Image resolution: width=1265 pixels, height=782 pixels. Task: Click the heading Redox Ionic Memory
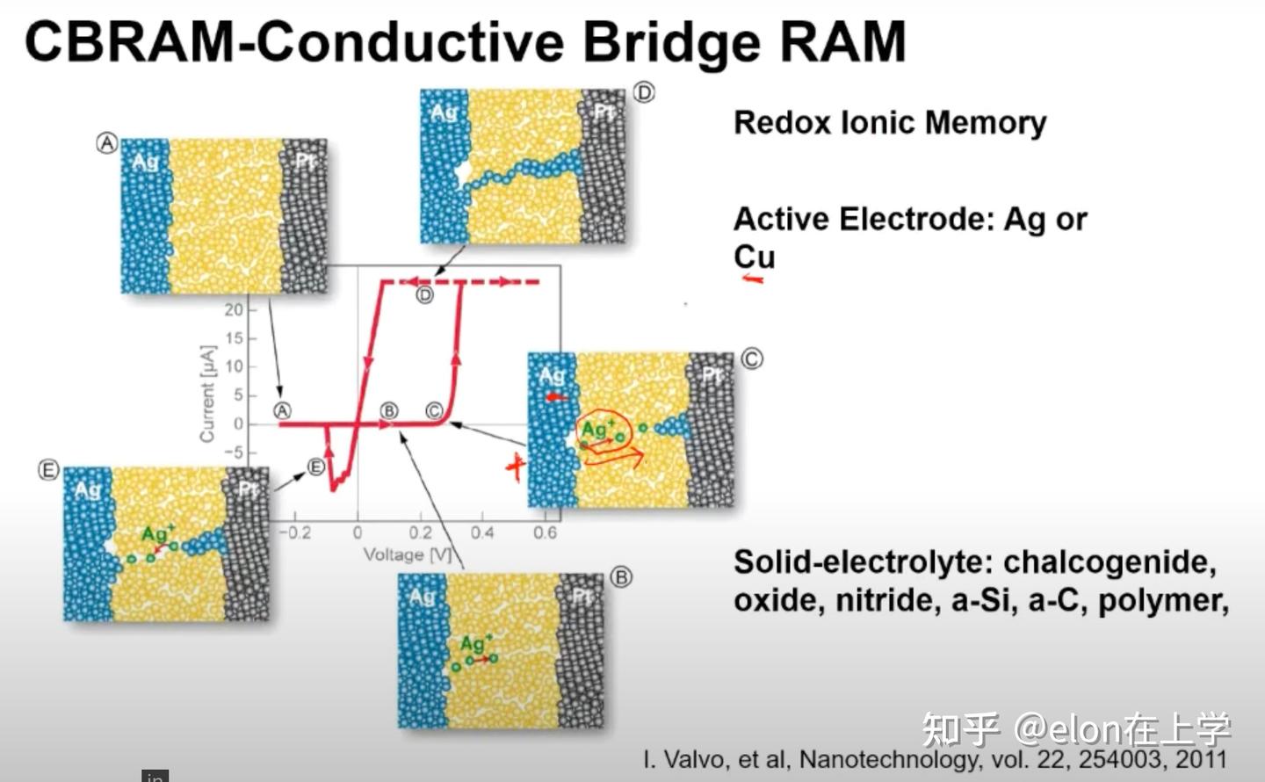click(889, 123)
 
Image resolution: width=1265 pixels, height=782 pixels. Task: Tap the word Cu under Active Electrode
click(754, 257)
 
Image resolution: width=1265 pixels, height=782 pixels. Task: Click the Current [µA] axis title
click(207, 393)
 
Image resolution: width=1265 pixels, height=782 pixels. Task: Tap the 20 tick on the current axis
click(233, 309)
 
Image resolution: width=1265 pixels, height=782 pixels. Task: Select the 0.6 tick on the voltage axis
click(545, 532)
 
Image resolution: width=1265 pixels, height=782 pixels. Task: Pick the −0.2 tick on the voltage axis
click(294, 532)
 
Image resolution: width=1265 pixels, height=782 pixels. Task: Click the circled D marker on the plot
click(424, 295)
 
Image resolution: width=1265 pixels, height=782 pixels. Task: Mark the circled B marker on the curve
click(388, 410)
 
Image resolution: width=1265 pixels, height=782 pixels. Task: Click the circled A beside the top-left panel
click(106, 143)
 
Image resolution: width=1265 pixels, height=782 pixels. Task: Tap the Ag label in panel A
click(145, 162)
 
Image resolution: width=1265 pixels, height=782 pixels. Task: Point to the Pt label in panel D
click(604, 112)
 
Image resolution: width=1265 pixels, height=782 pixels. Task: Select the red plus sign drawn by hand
click(516, 467)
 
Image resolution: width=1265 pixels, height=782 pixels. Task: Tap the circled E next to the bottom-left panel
click(47, 470)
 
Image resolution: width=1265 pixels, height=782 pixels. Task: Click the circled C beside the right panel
click(752, 358)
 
